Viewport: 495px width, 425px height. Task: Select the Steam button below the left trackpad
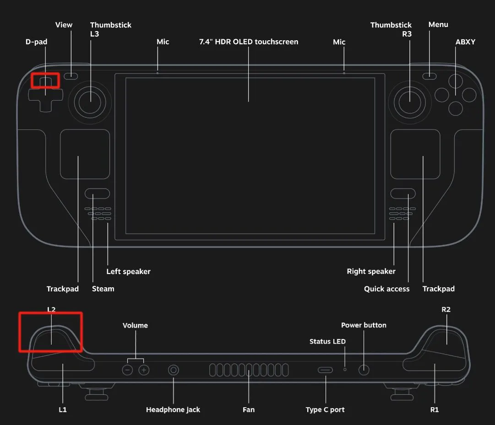[97, 194]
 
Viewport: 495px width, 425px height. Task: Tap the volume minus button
[128, 370]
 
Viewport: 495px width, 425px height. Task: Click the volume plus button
[144, 370]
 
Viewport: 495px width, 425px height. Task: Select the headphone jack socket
[174, 370]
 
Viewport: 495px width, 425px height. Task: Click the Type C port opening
[326, 370]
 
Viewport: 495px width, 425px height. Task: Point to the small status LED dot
[345, 369]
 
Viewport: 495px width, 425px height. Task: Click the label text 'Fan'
[249, 409]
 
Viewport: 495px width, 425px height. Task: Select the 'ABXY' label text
[465, 42]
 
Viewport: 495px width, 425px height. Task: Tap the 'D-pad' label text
[37, 42]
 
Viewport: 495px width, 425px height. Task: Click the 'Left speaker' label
[128, 271]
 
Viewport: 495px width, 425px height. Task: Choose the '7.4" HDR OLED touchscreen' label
[249, 42]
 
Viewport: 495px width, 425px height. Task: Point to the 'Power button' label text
[364, 325]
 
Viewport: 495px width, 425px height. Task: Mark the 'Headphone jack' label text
[173, 409]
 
